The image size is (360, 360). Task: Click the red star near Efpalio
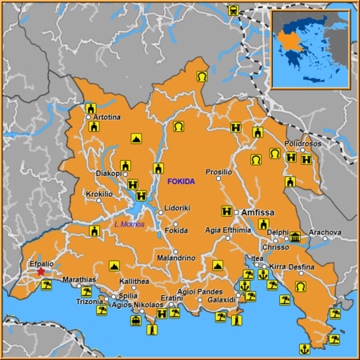41,272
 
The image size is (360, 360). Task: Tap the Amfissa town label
258,213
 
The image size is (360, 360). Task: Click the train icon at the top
233,10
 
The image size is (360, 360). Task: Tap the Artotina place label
106,118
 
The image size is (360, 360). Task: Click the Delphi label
278,233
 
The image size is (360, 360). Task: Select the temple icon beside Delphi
295,238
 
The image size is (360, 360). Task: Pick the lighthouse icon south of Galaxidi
236,320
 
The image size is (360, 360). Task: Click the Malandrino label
176,258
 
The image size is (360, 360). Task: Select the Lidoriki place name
177,208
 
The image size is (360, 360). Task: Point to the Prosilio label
218,172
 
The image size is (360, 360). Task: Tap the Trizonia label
89,302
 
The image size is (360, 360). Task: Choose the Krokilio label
99,194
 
